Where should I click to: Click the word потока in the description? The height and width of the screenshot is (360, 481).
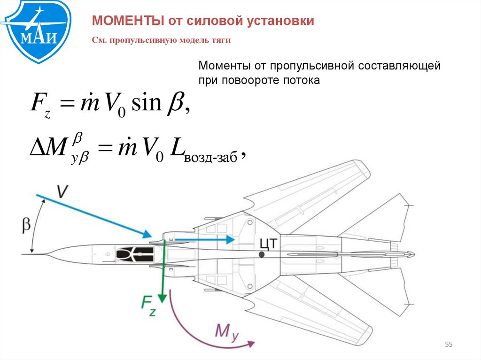(x=301, y=80)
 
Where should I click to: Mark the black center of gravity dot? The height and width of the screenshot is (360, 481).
(x=261, y=254)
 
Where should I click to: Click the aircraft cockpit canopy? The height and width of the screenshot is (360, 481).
(x=135, y=254)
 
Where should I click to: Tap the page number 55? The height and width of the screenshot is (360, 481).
(x=448, y=345)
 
